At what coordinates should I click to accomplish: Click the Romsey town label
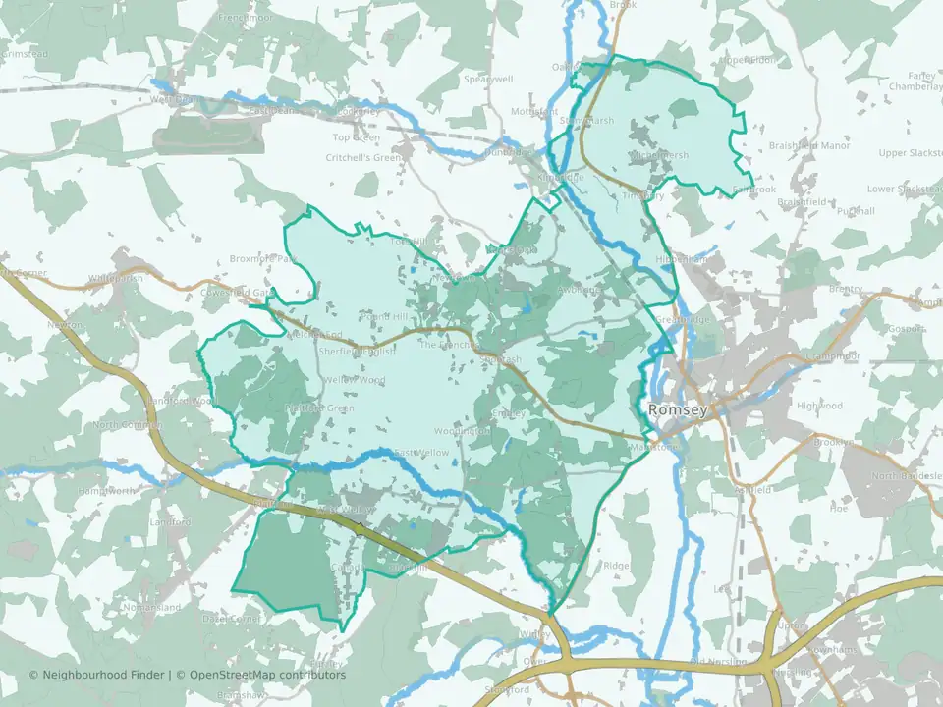tap(676, 409)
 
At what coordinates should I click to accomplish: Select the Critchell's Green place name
tap(363, 157)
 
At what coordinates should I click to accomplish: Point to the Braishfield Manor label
tap(808, 145)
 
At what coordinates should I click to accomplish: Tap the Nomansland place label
tap(152, 608)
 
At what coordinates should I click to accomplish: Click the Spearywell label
tap(488, 79)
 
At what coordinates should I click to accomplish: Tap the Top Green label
tap(356, 137)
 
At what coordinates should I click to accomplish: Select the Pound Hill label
tap(381, 317)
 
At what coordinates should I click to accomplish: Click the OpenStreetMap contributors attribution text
tap(267, 675)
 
